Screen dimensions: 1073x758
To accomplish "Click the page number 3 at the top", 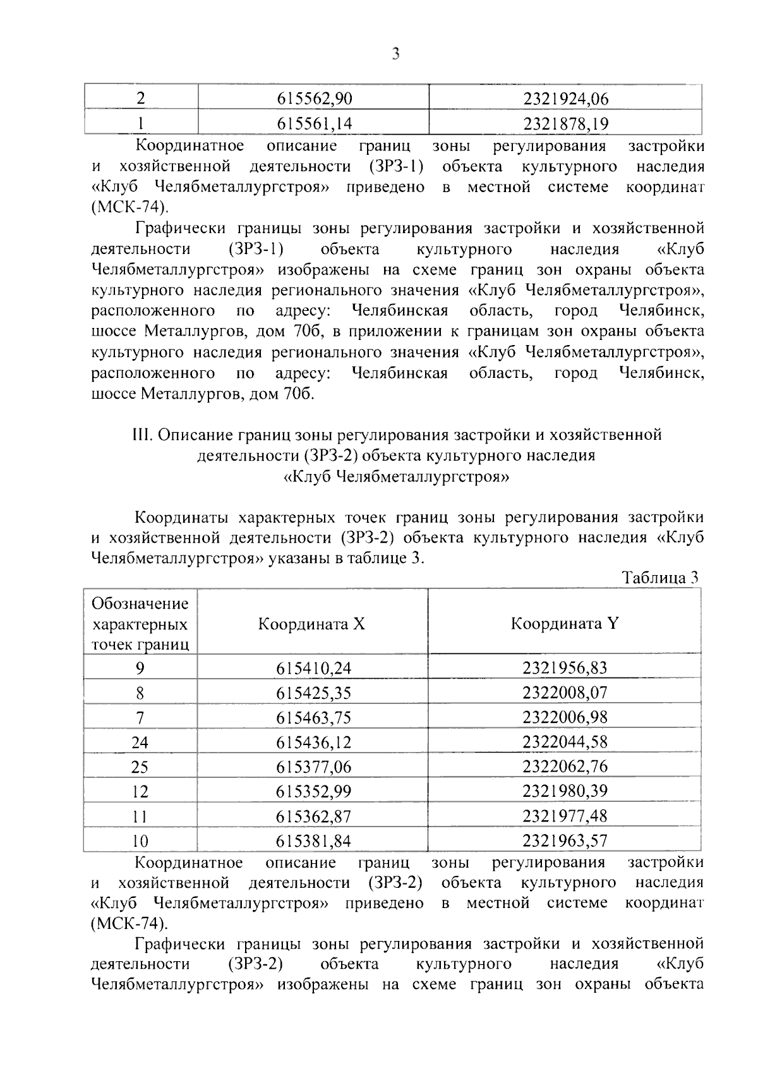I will (395, 54).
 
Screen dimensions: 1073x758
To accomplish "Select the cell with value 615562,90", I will (314, 99).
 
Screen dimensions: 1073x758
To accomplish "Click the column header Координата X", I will (311, 624).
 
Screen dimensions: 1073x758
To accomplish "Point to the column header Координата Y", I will (565, 624).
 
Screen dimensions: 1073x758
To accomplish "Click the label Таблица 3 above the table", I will (660, 578).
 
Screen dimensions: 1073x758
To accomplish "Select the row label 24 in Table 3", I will (140, 743).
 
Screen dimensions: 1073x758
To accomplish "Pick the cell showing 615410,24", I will (313, 669).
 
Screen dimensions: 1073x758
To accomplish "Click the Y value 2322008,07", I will (565, 693).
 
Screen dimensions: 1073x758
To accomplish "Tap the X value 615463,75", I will (313, 718).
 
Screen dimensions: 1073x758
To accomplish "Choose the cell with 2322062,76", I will (565, 767).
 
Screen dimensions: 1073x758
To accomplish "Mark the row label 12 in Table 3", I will (140, 792).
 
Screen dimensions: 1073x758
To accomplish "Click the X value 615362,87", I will (313, 816).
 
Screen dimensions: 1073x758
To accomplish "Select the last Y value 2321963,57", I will (565, 841).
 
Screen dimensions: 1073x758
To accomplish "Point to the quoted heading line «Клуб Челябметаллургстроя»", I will (396, 476).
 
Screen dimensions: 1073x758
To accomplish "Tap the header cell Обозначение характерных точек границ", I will (140, 624).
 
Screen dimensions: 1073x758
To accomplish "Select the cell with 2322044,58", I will (565, 742).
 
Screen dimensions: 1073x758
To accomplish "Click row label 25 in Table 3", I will (140, 767).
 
